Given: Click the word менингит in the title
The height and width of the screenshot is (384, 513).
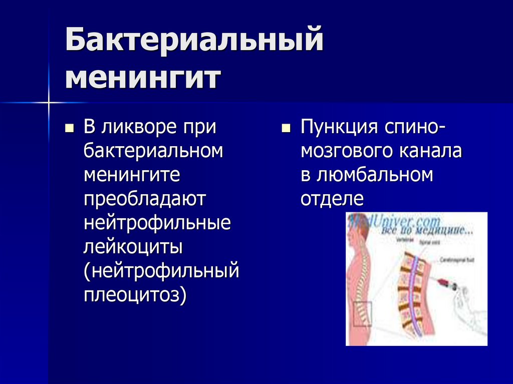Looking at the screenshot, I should point(143,79).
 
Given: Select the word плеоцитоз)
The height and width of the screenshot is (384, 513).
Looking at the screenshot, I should point(135,294).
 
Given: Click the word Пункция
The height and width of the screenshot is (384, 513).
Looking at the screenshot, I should point(339,127).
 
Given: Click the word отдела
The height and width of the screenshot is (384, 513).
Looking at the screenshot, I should point(331,199).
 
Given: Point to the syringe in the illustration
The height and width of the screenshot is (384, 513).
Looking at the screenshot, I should point(443,284).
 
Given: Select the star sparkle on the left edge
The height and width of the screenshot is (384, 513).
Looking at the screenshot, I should point(49,103).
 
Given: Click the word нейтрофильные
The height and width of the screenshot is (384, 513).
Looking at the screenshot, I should point(157,223).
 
